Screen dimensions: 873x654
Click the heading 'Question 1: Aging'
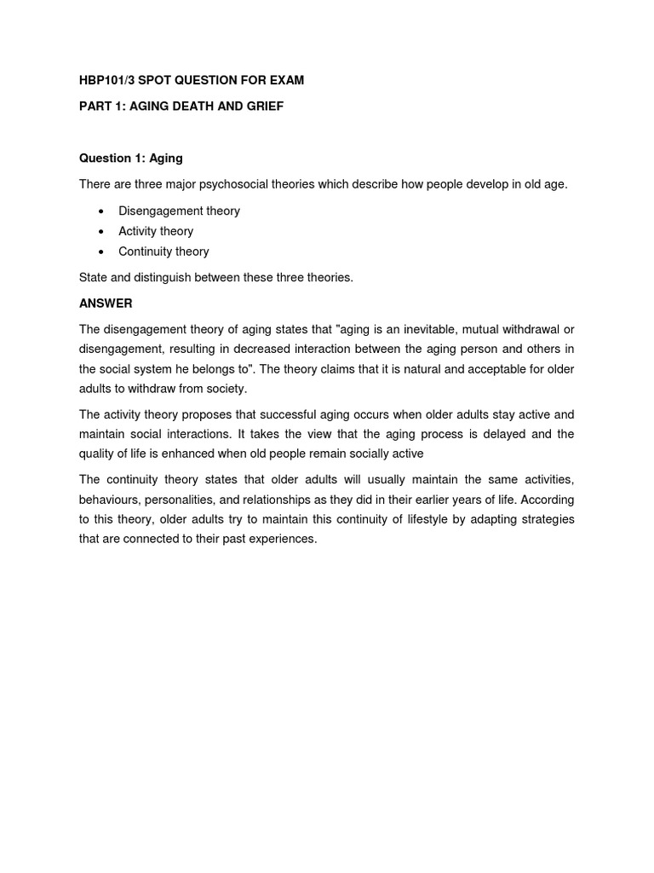pos(130,159)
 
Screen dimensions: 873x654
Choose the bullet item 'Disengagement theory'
pos(179,211)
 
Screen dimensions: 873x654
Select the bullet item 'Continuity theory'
pos(163,251)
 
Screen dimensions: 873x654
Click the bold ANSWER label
pos(106,304)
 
